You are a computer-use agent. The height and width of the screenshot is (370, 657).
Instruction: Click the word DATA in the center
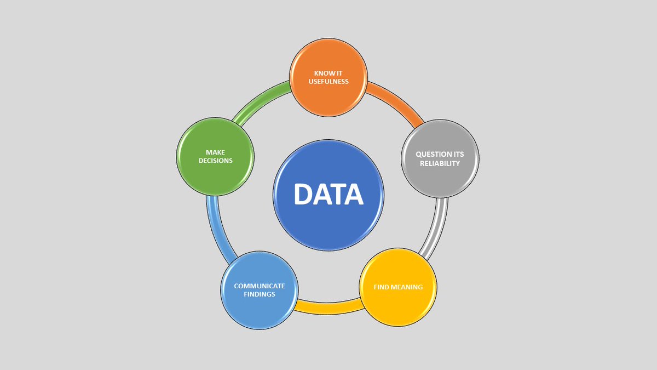coord(328,195)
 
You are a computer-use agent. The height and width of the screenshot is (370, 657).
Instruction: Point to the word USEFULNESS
coord(328,82)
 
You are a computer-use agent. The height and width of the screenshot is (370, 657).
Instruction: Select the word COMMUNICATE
coord(260,286)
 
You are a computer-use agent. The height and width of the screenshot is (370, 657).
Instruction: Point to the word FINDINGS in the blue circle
coord(260,294)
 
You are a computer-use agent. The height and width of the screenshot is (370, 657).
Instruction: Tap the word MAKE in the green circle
coord(215,152)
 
